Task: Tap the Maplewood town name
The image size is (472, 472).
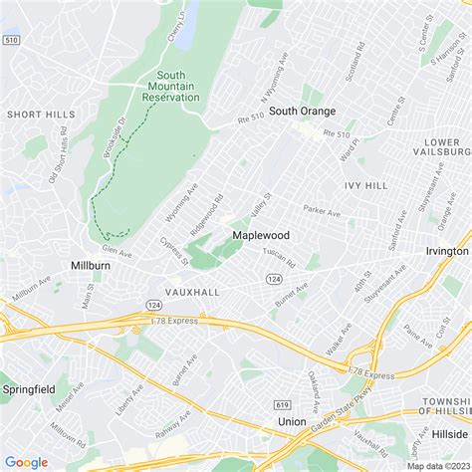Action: point(261,235)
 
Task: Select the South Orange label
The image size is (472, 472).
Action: point(302,111)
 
